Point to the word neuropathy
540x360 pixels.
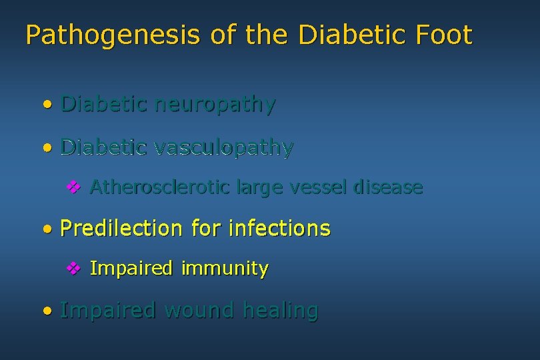coord(214,105)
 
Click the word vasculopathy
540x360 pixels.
coord(223,147)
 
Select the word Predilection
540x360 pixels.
coord(121,229)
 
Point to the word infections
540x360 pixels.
coord(279,229)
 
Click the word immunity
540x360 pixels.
coord(225,269)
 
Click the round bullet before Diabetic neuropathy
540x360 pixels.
coord(46,105)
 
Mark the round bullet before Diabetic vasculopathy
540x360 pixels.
coord(46,147)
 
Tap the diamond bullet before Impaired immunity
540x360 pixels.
coord(73,269)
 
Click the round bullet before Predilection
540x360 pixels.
coord(46,229)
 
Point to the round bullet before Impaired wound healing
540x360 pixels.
coord(46,311)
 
